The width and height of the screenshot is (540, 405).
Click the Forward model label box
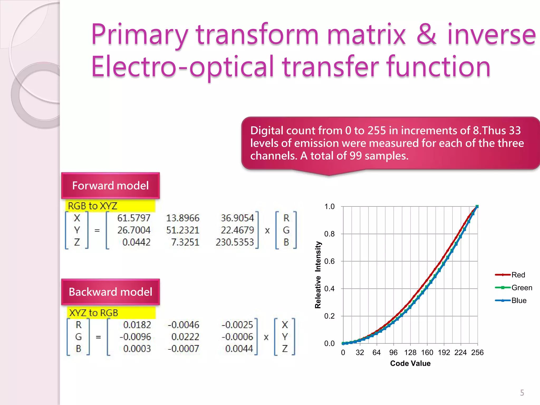(x=110, y=186)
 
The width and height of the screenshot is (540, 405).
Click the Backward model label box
(x=110, y=292)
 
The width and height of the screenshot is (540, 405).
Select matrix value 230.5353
(x=235, y=242)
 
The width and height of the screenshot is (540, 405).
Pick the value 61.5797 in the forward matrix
(x=134, y=218)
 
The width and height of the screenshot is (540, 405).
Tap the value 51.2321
(x=183, y=230)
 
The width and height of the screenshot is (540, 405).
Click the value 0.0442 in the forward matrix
(x=136, y=242)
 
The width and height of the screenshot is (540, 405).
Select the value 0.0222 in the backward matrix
(x=185, y=337)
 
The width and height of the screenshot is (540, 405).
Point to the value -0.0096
(x=135, y=337)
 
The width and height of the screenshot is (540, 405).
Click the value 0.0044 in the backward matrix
(x=239, y=349)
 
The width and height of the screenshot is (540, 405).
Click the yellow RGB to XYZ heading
(x=93, y=206)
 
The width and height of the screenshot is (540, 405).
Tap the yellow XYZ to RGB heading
(x=94, y=313)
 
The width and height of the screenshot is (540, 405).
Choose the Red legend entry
(x=518, y=275)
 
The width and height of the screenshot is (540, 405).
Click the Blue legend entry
(x=519, y=300)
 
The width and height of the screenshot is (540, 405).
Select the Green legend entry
(x=522, y=288)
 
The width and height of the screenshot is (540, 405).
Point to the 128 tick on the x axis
(x=410, y=353)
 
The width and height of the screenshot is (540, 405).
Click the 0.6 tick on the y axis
(x=329, y=261)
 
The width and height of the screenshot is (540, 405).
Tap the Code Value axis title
(x=410, y=363)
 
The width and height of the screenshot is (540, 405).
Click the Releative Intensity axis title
(x=318, y=275)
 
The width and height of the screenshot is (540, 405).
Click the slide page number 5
(x=522, y=393)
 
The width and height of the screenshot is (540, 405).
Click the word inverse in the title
(x=491, y=35)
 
